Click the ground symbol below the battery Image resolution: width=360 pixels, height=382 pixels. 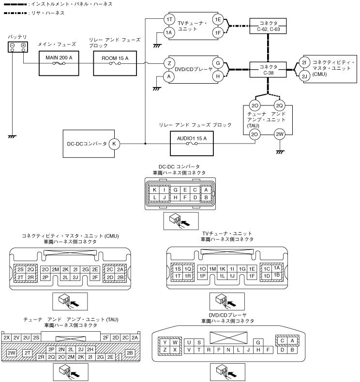click(12, 137)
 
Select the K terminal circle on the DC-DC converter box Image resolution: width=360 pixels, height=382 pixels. click(114, 144)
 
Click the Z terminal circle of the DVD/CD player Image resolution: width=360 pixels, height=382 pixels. click(168, 63)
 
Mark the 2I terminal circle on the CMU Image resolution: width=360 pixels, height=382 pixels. click(304, 63)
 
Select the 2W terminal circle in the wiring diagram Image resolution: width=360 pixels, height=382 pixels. click(279, 134)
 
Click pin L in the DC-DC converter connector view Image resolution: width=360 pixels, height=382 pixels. click(154, 197)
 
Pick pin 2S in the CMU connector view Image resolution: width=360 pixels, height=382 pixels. click(20, 269)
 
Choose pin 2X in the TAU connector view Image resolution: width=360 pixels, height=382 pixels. click(7, 338)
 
